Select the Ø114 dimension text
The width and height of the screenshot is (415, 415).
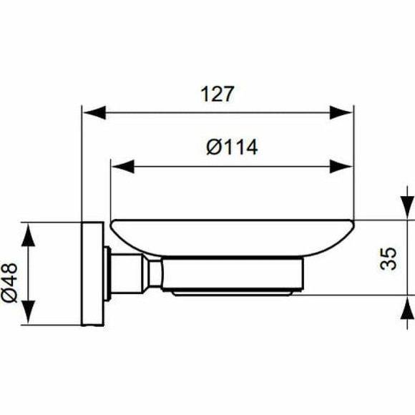[231, 148]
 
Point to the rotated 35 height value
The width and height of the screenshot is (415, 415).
[389, 258]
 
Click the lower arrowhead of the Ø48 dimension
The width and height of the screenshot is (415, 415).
[27, 313]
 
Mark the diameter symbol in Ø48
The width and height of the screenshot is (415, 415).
[14, 293]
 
